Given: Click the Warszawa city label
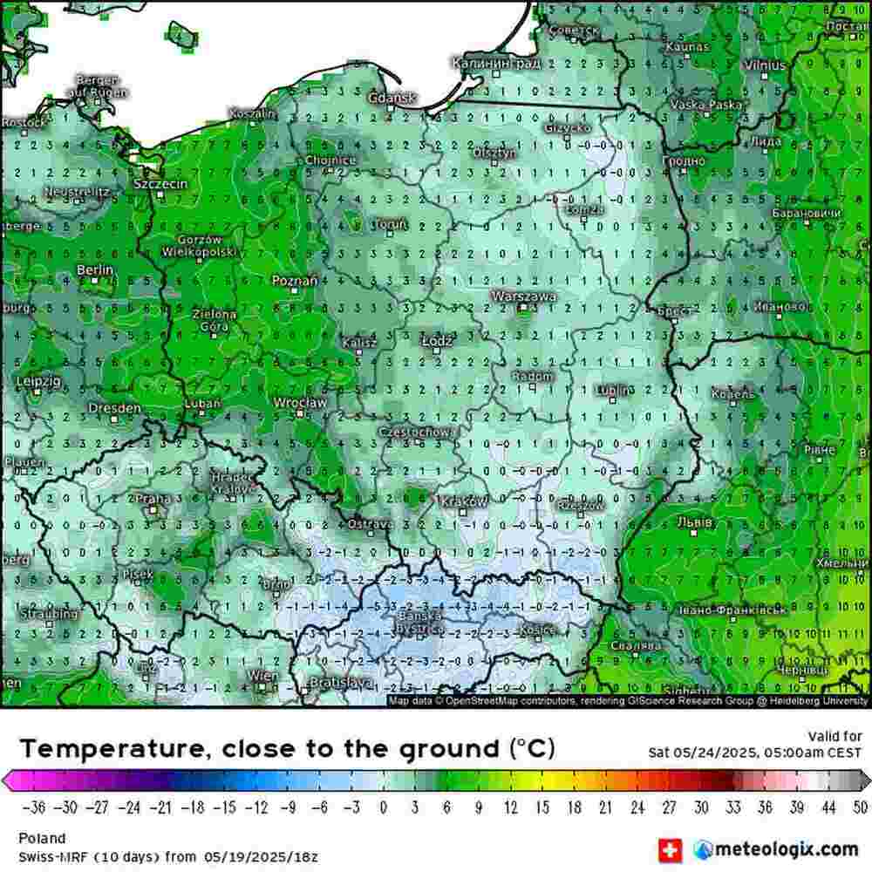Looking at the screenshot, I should click(x=523, y=296).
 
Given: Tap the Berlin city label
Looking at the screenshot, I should click(x=95, y=270).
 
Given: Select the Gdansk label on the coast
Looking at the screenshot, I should click(x=392, y=99).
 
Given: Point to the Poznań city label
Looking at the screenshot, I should click(x=294, y=280).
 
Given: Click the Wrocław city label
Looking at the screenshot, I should click(x=300, y=403).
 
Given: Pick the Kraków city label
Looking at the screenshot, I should click(x=464, y=502).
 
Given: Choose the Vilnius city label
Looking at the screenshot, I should click(x=764, y=65).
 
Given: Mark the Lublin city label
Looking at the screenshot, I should click(x=615, y=390).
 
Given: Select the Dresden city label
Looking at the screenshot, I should click(x=114, y=408).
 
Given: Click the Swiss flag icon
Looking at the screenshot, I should click(x=670, y=848).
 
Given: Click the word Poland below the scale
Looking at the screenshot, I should click(x=42, y=839).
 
